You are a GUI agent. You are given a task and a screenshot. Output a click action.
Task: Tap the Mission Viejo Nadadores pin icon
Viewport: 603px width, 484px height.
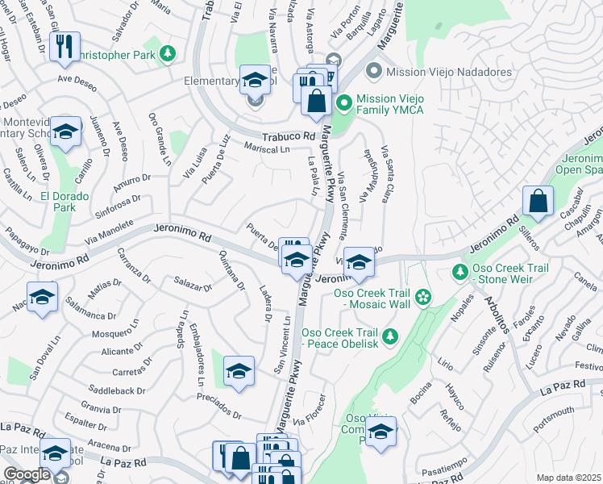tap(373, 72)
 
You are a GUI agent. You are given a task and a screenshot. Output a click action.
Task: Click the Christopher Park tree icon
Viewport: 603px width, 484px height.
tap(168, 53)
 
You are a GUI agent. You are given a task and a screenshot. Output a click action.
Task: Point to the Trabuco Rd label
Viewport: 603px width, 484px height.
tap(287, 136)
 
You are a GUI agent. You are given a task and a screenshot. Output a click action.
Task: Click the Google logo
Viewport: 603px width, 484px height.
tap(27, 474)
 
